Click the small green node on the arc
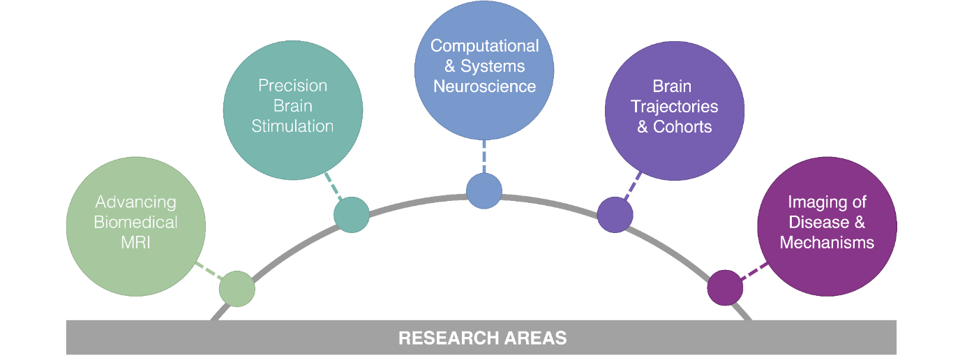click(x=237, y=289)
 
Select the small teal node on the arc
click(x=351, y=214)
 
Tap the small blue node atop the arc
click(x=483, y=190)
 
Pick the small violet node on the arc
click(x=615, y=214)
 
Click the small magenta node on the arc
click(x=725, y=287)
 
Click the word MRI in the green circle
click(x=136, y=243)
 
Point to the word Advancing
click(x=136, y=202)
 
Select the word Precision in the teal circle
click(x=292, y=86)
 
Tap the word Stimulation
click(x=292, y=126)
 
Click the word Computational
click(x=484, y=46)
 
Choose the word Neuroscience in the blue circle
click(x=484, y=87)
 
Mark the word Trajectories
click(x=674, y=107)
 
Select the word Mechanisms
click(x=827, y=243)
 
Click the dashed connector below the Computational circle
click(x=483, y=156)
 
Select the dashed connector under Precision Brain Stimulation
click(x=333, y=186)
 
